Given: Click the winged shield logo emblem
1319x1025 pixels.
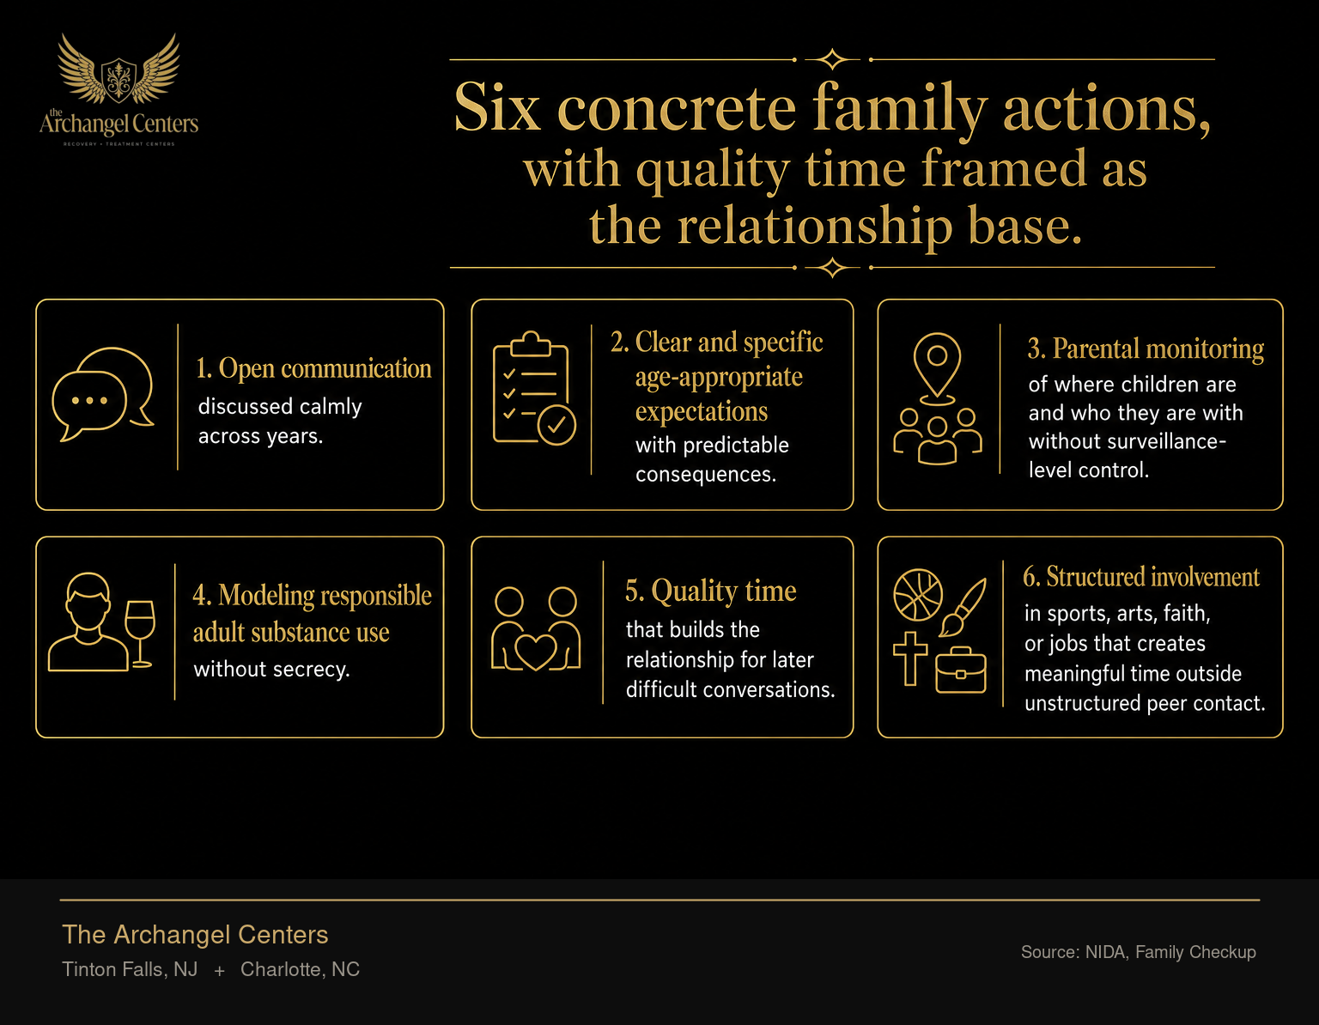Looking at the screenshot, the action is tap(119, 70).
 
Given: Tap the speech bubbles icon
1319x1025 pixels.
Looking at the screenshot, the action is tap(103, 394).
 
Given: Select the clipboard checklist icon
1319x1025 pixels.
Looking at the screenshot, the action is tap(534, 388).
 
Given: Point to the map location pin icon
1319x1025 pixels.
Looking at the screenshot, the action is tap(937, 364).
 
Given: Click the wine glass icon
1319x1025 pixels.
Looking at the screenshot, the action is tap(140, 634).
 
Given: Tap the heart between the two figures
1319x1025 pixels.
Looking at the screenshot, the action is tap(535, 652).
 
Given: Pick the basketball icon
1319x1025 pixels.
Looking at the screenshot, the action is tap(918, 594).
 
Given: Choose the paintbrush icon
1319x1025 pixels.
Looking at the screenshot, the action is tap(963, 607).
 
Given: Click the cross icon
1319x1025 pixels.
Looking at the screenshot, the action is tap(910, 658).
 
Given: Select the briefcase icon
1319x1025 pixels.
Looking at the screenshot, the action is tap(960, 670).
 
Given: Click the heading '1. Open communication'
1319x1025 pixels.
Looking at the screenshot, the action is tap(313, 368).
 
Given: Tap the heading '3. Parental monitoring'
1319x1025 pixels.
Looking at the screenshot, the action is tap(1146, 349).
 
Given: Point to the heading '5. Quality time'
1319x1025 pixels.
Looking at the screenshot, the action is tap(711, 590).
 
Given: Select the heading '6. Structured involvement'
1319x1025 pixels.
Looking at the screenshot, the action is tap(1141, 577).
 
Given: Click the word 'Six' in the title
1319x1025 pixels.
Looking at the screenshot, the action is tap(497, 108).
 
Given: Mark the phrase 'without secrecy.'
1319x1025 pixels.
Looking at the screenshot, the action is tap(272, 669).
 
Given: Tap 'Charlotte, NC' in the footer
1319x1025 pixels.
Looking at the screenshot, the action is tap(300, 969).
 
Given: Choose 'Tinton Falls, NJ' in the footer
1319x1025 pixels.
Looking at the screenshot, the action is tap(130, 969).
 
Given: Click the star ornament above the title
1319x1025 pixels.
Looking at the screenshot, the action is tap(832, 59).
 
